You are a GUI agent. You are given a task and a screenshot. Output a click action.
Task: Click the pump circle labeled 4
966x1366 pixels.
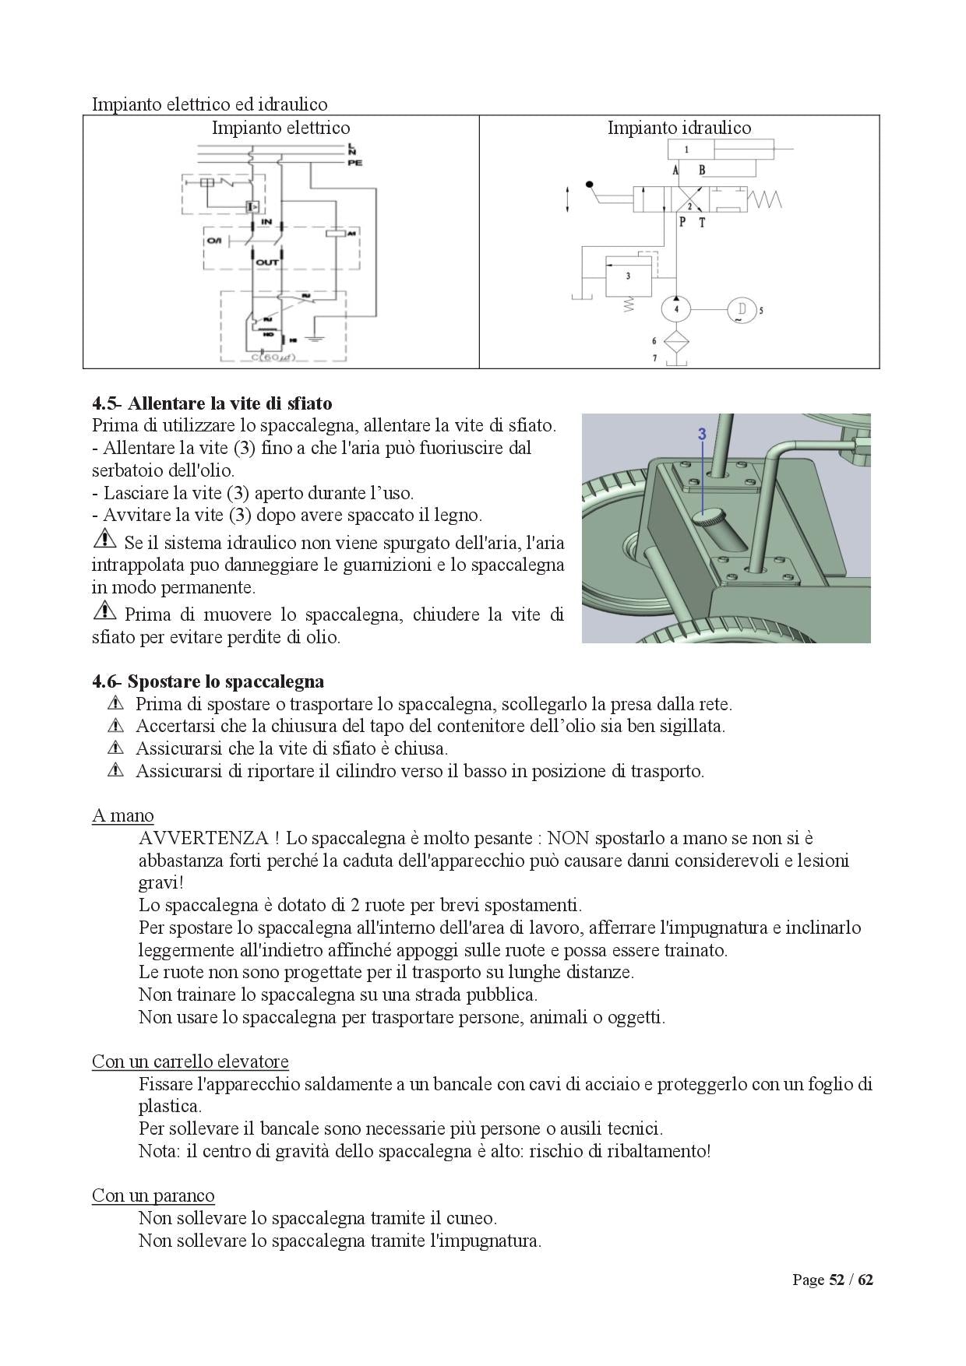click(x=676, y=309)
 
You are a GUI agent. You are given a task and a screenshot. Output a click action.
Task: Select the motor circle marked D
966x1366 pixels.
click(x=741, y=309)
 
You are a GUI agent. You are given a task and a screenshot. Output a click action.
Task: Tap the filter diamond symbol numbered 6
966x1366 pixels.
click(x=676, y=340)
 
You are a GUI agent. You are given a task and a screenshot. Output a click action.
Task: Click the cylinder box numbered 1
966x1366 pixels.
click(x=686, y=149)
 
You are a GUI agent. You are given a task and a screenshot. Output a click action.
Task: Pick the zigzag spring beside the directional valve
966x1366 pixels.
click(x=765, y=200)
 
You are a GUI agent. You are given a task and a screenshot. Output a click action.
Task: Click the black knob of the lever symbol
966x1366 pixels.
click(x=590, y=185)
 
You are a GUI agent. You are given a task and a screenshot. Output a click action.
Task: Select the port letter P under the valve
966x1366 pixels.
click(x=682, y=223)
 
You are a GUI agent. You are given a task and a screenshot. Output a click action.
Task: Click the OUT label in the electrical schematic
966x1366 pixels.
click(x=267, y=262)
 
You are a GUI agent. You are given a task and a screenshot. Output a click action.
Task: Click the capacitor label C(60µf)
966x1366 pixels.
click(x=273, y=357)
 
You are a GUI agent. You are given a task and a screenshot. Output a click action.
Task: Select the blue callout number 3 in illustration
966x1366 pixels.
click(x=701, y=434)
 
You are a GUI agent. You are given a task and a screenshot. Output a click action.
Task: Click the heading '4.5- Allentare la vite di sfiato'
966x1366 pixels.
click(x=212, y=403)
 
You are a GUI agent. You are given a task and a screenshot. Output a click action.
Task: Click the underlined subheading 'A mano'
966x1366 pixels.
click(x=122, y=815)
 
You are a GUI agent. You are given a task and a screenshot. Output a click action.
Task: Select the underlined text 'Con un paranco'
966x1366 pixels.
click(x=153, y=1195)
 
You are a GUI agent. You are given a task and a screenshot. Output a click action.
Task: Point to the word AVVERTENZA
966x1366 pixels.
click(x=203, y=838)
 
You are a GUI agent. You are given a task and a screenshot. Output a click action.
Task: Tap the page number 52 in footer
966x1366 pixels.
click(x=837, y=1280)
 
